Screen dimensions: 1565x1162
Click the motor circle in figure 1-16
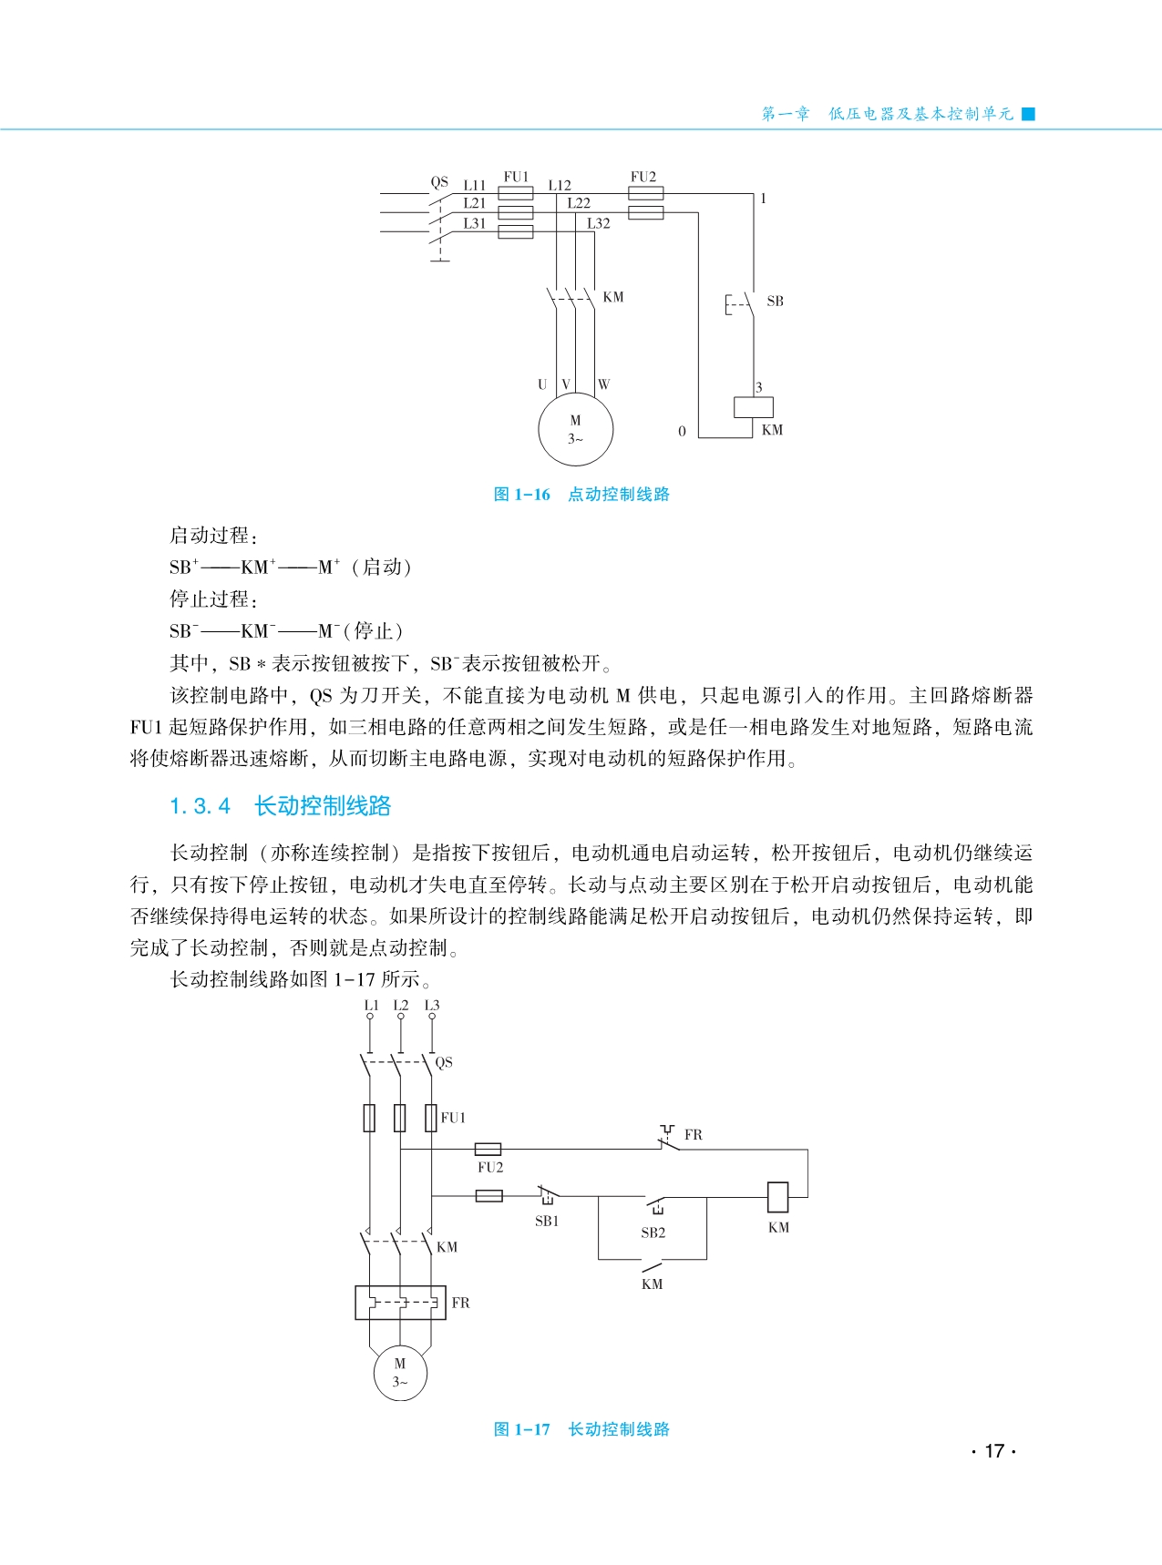575,429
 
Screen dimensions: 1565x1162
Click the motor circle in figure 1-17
400,1373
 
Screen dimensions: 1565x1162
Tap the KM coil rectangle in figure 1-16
754,407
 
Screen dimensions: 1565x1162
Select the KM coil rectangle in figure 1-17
777,1195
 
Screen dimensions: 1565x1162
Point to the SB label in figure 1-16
775,302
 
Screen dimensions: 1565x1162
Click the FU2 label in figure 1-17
490,1167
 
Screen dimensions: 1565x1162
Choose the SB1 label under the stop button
547,1222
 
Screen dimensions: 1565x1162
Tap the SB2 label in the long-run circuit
653,1233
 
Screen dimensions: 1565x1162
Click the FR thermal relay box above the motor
400,1303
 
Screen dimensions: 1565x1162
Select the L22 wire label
579,204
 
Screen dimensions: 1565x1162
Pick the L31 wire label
475,223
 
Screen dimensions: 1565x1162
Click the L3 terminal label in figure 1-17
432,1006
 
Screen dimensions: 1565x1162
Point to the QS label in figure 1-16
439,182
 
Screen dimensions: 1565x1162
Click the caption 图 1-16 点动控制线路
581,495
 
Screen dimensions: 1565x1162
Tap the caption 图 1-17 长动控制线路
581,1429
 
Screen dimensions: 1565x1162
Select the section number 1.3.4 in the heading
201,806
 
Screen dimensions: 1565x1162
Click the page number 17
994,1451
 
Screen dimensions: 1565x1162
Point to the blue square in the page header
1029,114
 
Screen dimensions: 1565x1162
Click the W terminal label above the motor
603,384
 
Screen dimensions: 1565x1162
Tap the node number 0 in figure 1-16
682,432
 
